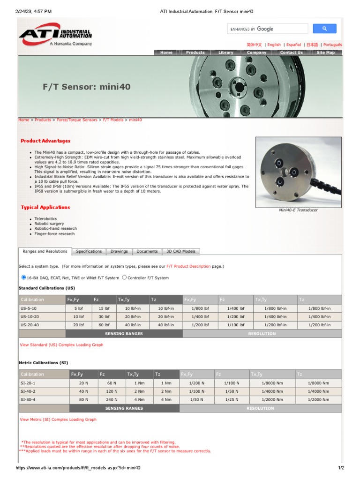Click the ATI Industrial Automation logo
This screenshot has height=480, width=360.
55,36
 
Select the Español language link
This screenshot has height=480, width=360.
293,45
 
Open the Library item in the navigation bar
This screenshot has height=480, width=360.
225,52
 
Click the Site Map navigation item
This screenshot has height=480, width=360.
325,52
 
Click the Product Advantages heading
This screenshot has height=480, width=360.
45,141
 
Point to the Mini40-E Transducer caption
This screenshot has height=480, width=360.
298,210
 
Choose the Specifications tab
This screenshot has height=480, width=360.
89,251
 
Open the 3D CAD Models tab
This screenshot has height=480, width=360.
181,251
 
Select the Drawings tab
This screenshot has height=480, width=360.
119,251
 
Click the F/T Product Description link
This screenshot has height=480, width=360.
188,266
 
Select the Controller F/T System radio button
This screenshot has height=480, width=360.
124,277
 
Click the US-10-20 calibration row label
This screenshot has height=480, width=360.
30,316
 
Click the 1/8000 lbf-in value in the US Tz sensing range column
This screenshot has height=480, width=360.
319,308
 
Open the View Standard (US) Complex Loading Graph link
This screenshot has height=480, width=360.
61,345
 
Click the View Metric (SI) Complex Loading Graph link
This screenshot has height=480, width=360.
58,420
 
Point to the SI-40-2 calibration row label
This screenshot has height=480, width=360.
28,391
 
